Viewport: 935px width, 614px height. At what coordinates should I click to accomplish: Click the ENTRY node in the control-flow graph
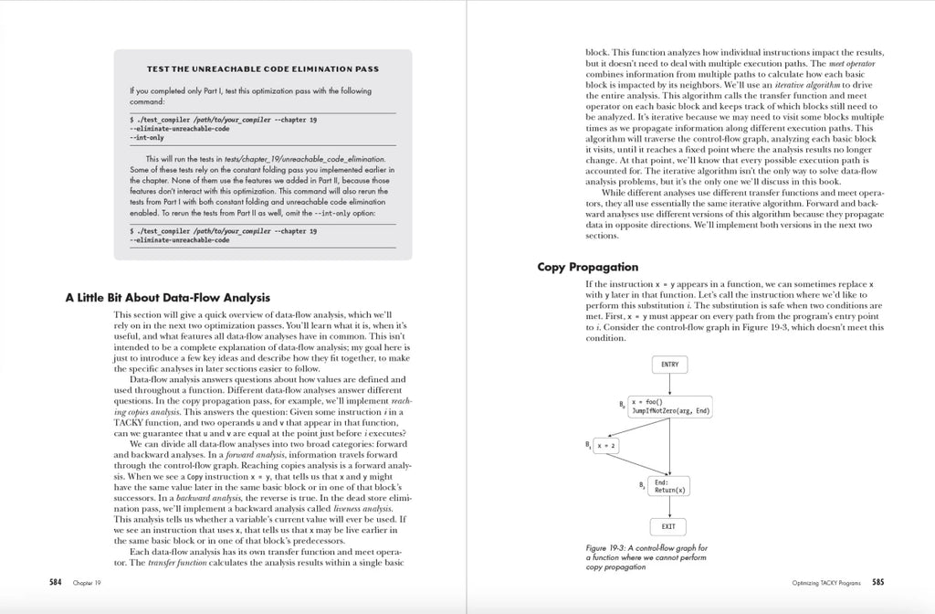(669, 365)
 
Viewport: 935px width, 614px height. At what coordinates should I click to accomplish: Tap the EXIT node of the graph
(669, 527)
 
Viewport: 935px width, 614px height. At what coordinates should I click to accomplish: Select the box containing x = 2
(606, 446)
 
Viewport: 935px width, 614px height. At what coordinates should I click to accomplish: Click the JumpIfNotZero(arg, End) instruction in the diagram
(671, 411)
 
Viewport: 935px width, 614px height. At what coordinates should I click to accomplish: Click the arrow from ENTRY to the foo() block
(669, 384)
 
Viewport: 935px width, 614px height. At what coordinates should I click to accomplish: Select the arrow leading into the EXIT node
(669, 508)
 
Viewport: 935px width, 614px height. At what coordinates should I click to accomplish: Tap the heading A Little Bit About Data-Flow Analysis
(167, 297)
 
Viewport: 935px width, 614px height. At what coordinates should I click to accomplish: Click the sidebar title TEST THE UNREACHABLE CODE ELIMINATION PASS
(263, 69)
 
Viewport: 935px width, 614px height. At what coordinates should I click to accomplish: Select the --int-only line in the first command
(147, 137)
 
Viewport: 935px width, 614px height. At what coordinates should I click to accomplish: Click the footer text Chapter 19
(87, 582)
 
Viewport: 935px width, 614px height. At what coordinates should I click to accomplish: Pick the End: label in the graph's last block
(662, 482)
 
